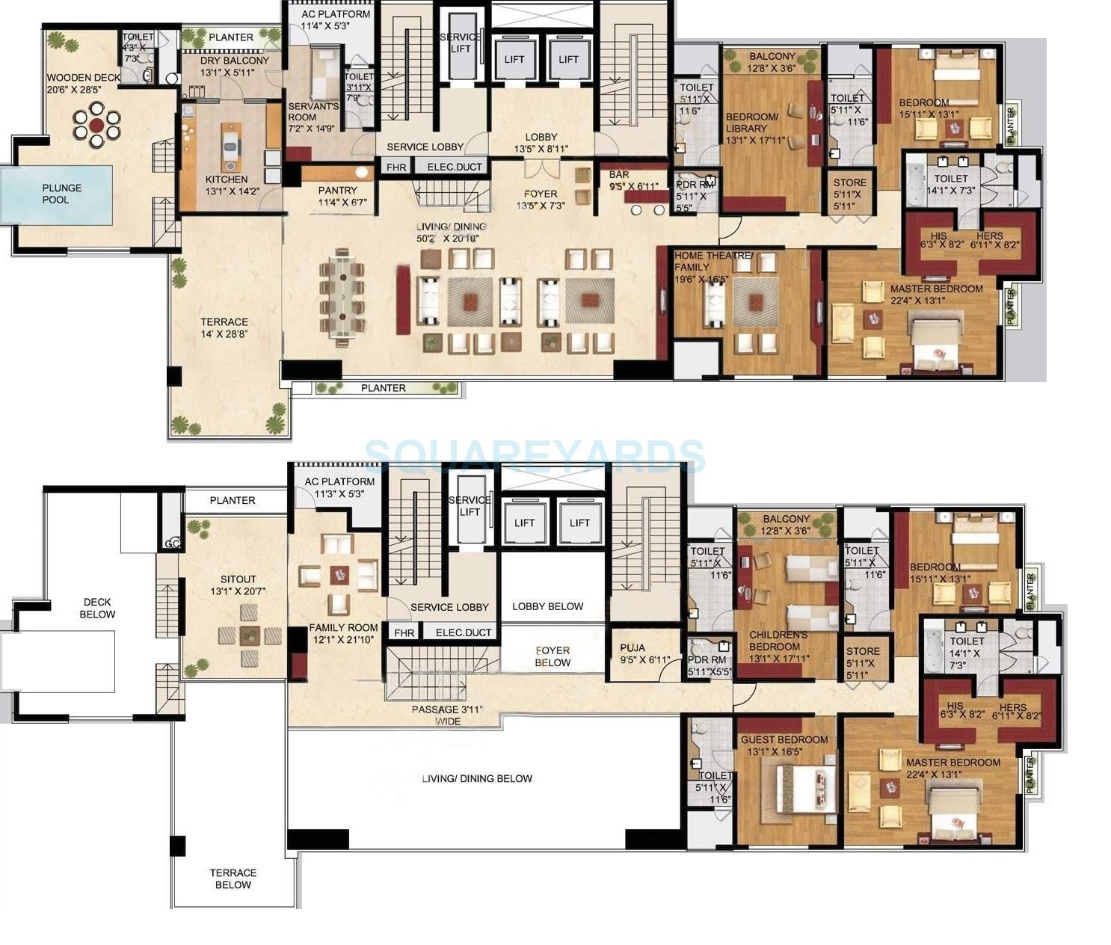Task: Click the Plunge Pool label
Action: pyautogui.click(x=61, y=194)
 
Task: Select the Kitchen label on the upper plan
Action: pyautogui.click(x=227, y=179)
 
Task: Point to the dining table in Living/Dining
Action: pyautogui.click(x=342, y=297)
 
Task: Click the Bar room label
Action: pyautogui.click(x=620, y=174)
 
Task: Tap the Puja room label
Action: pyautogui.click(x=632, y=648)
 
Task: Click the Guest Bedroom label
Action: pyautogui.click(x=784, y=739)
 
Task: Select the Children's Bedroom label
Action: pyautogui.click(x=778, y=641)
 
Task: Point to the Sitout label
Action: pyautogui.click(x=238, y=579)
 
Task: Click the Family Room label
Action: pyautogui.click(x=343, y=628)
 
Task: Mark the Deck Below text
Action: pyautogui.click(x=97, y=608)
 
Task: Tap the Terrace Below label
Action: pyautogui.click(x=233, y=878)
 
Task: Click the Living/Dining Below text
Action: pyautogui.click(x=477, y=778)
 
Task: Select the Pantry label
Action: pyautogui.click(x=337, y=191)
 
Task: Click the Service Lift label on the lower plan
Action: pyautogui.click(x=470, y=506)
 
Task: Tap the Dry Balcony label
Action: pyautogui.click(x=234, y=61)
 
